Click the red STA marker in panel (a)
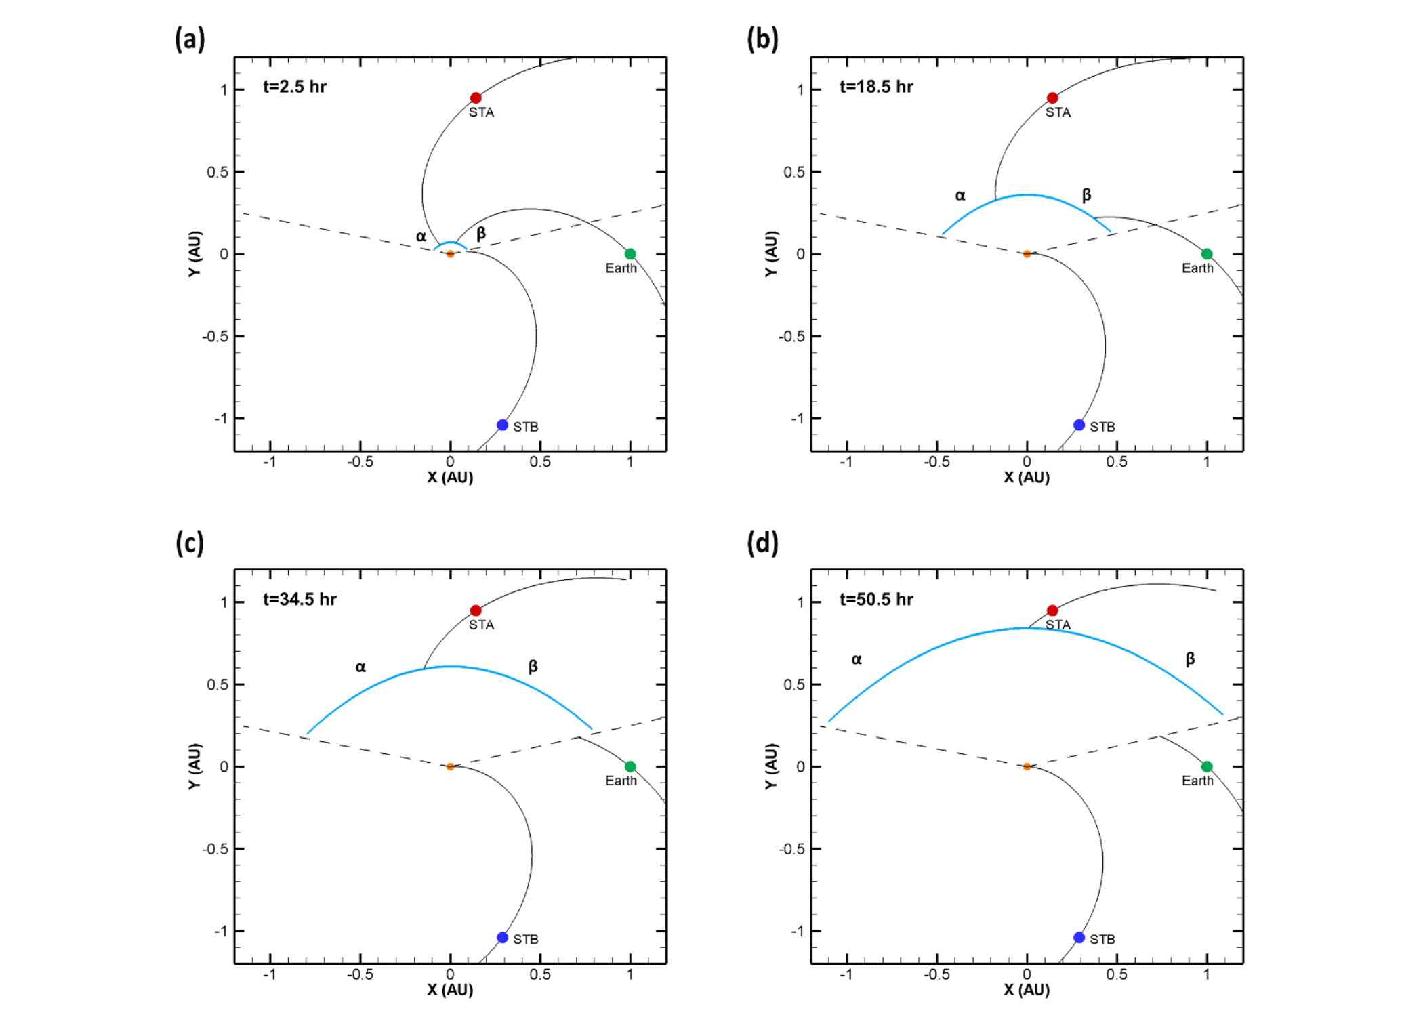tap(476, 98)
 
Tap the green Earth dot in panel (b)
tap(1207, 254)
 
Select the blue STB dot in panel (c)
tap(502, 938)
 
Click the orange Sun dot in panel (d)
tap(1027, 766)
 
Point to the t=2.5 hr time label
tap(295, 87)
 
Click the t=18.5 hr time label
tap(876, 87)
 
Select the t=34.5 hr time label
tap(300, 600)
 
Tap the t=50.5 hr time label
tap(876, 600)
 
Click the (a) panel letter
tap(190, 39)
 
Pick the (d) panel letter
tap(762, 543)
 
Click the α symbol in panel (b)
tap(960, 196)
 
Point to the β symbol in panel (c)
tap(533, 667)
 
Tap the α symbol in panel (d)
tap(857, 659)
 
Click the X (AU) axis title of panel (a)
tap(450, 478)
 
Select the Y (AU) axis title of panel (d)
tap(770, 766)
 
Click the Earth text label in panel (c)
tap(621, 781)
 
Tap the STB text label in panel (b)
tap(1102, 427)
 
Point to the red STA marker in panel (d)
tap(1052, 610)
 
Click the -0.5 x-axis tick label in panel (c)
tap(360, 974)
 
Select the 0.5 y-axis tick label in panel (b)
tap(794, 172)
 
